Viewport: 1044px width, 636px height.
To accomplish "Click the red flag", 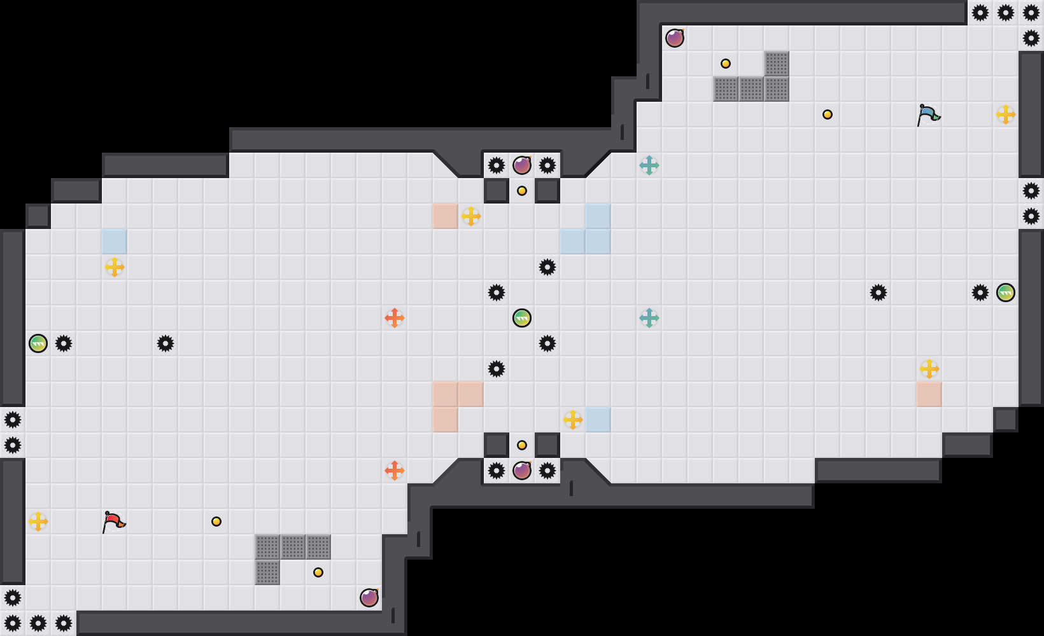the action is click(113, 522).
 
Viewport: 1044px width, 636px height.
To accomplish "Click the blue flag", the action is click(928, 115).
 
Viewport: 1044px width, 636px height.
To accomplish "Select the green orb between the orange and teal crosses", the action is click(522, 318).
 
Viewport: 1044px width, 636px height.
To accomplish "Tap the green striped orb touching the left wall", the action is click(38, 343).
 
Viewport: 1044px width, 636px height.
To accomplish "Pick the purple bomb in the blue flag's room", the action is click(675, 38).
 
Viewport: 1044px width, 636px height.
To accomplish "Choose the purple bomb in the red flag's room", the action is click(369, 598).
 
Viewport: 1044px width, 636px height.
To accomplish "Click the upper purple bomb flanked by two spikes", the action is click(522, 165).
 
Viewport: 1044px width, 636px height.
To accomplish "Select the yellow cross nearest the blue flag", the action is click(1006, 114).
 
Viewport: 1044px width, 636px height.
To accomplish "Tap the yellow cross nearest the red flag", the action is click(38, 522).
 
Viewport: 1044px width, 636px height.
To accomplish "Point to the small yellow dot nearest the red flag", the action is click(216, 522).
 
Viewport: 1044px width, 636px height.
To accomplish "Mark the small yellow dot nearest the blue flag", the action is click(828, 114).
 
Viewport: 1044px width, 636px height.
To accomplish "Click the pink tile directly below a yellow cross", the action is click(929, 394).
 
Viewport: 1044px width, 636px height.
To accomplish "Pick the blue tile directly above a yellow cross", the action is click(115, 242).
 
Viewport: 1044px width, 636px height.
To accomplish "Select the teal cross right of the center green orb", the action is click(649, 318).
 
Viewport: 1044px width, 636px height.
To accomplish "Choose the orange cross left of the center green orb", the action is click(395, 318).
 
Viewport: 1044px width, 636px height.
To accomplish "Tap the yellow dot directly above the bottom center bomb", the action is click(522, 445).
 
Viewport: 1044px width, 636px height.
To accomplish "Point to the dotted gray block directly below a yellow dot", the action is click(726, 89).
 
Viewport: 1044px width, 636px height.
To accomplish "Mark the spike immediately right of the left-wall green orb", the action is click(64, 343).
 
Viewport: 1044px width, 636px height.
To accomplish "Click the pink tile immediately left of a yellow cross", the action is click(446, 216).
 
